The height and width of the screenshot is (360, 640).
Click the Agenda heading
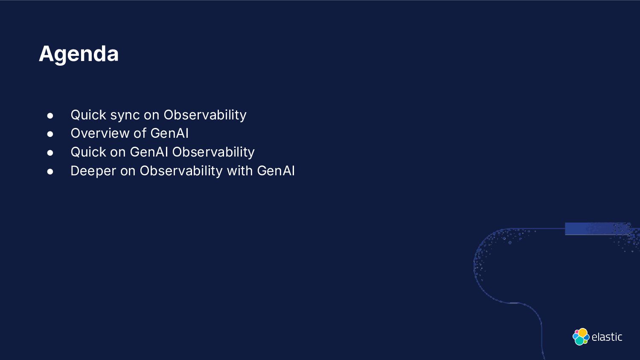pos(79,54)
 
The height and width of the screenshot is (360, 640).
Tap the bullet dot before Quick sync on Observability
pos(50,116)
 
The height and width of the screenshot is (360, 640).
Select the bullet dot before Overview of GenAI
pos(50,134)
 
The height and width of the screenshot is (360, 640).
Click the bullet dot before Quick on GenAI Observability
pos(50,153)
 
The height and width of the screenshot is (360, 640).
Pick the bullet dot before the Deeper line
pos(50,171)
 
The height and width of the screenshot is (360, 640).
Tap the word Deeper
pos(93,171)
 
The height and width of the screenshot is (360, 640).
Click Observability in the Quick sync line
pos(205,115)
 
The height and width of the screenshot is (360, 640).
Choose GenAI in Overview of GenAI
pos(169,134)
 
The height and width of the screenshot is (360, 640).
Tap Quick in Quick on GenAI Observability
pos(88,152)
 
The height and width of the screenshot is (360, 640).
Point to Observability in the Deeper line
pos(181,171)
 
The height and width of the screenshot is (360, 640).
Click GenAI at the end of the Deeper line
pos(276,171)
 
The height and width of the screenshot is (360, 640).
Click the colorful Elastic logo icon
pos(581,337)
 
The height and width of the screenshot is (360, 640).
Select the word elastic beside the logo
pos(607,337)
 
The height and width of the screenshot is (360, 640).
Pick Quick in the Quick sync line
pos(88,115)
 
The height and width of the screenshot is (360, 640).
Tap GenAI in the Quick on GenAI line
pos(149,152)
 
